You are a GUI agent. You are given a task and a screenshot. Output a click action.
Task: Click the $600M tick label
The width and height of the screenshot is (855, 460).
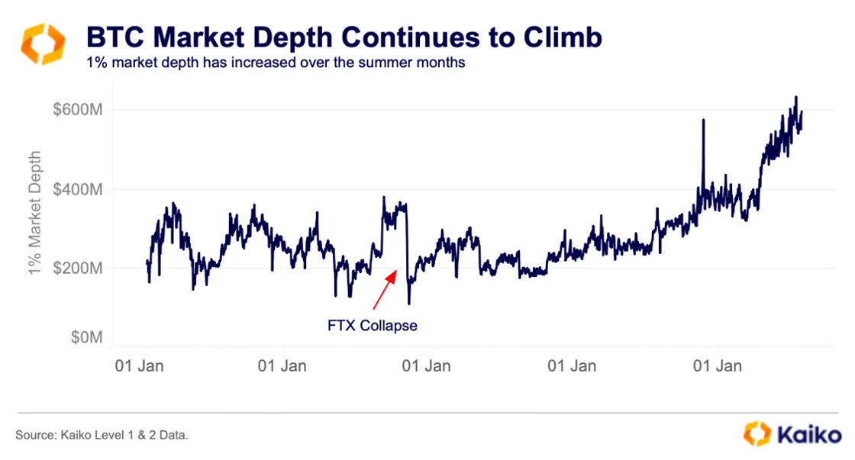tap(78, 110)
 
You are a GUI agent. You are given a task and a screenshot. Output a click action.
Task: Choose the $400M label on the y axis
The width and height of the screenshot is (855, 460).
tap(78, 188)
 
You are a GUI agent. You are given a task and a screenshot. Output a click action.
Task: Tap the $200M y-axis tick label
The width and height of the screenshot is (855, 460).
tap(78, 268)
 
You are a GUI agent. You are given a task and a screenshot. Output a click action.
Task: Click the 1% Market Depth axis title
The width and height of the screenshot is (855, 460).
tap(35, 211)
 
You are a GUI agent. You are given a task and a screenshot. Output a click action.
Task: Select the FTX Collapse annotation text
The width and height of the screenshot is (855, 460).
tap(373, 326)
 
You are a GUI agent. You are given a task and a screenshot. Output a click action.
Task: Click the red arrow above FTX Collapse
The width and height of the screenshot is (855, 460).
tap(385, 287)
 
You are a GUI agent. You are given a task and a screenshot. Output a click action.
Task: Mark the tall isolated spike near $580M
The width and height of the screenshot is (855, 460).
tap(702, 122)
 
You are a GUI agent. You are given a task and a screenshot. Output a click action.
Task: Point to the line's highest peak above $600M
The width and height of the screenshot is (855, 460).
tap(795, 98)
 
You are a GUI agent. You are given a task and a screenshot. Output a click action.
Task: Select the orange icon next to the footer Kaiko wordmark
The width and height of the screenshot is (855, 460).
tap(757, 434)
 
